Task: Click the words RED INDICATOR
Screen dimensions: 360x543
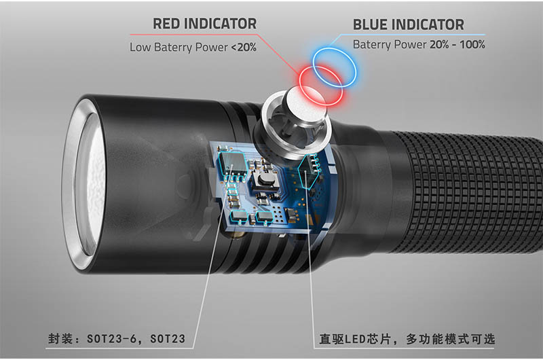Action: pyautogui.click(x=204, y=24)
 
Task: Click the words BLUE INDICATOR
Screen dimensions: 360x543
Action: pyautogui.click(x=408, y=25)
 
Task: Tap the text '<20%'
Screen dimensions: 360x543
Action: pyautogui.click(x=242, y=48)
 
